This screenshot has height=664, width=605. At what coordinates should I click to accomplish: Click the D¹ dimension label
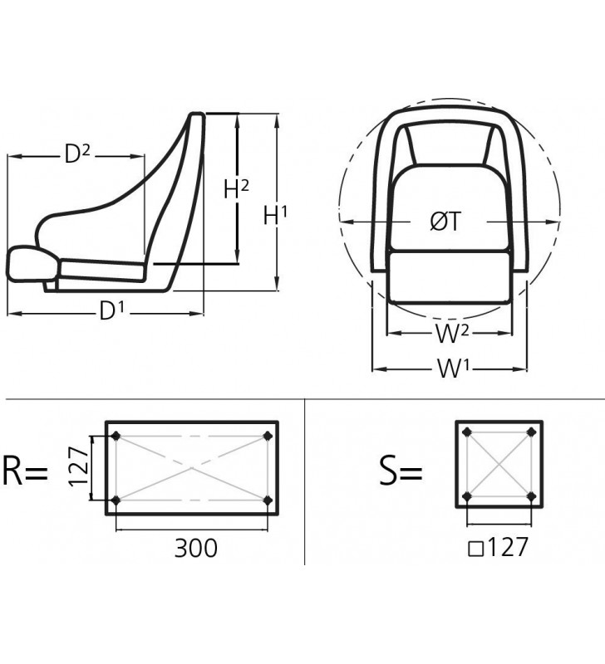(x=111, y=311)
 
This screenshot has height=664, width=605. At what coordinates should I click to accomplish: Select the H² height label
(x=236, y=188)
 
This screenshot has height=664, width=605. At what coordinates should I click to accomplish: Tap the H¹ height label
(x=275, y=215)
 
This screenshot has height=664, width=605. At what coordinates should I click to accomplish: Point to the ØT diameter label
(x=445, y=221)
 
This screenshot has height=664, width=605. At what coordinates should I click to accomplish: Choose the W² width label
(x=452, y=334)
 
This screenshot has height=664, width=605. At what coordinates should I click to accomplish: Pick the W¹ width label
(x=454, y=368)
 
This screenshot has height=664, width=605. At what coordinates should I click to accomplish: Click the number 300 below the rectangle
(x=196, y=548)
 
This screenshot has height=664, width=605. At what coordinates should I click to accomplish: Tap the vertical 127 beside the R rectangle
(x=79, y=466)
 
